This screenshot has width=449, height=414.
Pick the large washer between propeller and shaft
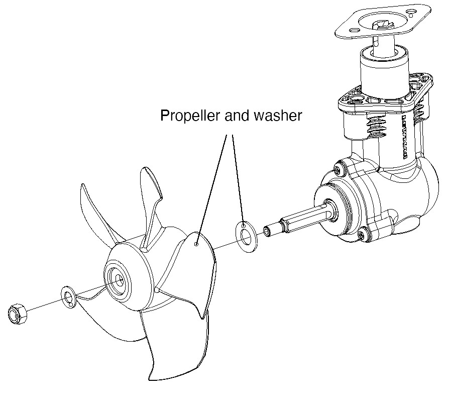coord(246,235)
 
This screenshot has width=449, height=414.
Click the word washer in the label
coord(279,116)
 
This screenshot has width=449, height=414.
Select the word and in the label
coord(237,116)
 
